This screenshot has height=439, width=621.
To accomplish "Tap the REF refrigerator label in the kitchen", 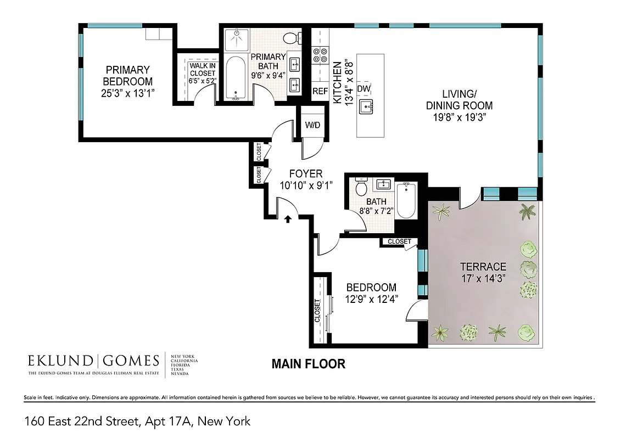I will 320,91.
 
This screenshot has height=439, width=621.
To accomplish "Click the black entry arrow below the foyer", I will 287,219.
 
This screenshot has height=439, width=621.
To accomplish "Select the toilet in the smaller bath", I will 361,188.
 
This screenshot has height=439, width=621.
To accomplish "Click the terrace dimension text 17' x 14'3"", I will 483,278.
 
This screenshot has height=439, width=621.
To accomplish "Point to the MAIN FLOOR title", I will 309,364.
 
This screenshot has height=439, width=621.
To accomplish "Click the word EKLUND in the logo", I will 61,361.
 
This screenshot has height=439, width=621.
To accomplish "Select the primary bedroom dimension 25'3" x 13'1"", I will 128,93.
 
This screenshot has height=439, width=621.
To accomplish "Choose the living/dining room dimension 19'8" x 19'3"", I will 460,117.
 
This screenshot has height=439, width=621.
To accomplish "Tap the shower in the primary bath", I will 237,38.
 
